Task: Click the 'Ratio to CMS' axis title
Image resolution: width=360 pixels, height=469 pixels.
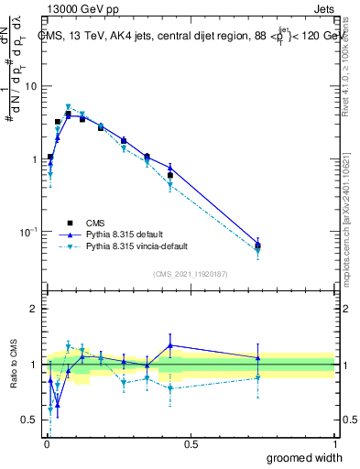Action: [x=14, y=364]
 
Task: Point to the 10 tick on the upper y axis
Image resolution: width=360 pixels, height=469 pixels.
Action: [x=30, y=86]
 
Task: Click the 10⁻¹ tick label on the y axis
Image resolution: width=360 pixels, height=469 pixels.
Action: [x=27, y=233]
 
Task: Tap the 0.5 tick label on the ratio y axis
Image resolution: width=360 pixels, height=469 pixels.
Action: [x=30, y=420]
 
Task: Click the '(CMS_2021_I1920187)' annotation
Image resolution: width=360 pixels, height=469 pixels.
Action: [x=190, y=273]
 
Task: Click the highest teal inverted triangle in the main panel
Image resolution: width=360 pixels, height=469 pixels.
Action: [x=68, y=107]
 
